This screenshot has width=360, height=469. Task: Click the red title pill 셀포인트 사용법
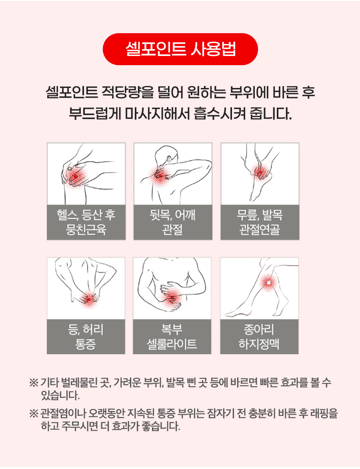[180, 49]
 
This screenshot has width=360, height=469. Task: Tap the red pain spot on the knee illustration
[76, 176]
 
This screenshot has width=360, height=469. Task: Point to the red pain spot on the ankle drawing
[260, 172]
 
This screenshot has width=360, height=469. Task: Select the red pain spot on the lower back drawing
[89, 299]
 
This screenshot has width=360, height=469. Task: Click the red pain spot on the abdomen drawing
[172, 297]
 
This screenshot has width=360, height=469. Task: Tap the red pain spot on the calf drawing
[268, 282]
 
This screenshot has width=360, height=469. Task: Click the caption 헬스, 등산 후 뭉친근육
[86, 222]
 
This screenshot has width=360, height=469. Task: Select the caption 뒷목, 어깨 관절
[173, 222]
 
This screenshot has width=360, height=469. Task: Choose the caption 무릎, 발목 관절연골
[260, 222]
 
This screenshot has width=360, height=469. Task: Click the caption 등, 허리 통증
[86, 337]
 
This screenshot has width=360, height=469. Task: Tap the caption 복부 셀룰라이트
[172, 337]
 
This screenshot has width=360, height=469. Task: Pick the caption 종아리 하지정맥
[259, 337]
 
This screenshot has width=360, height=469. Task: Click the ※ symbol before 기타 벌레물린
[34, 383]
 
